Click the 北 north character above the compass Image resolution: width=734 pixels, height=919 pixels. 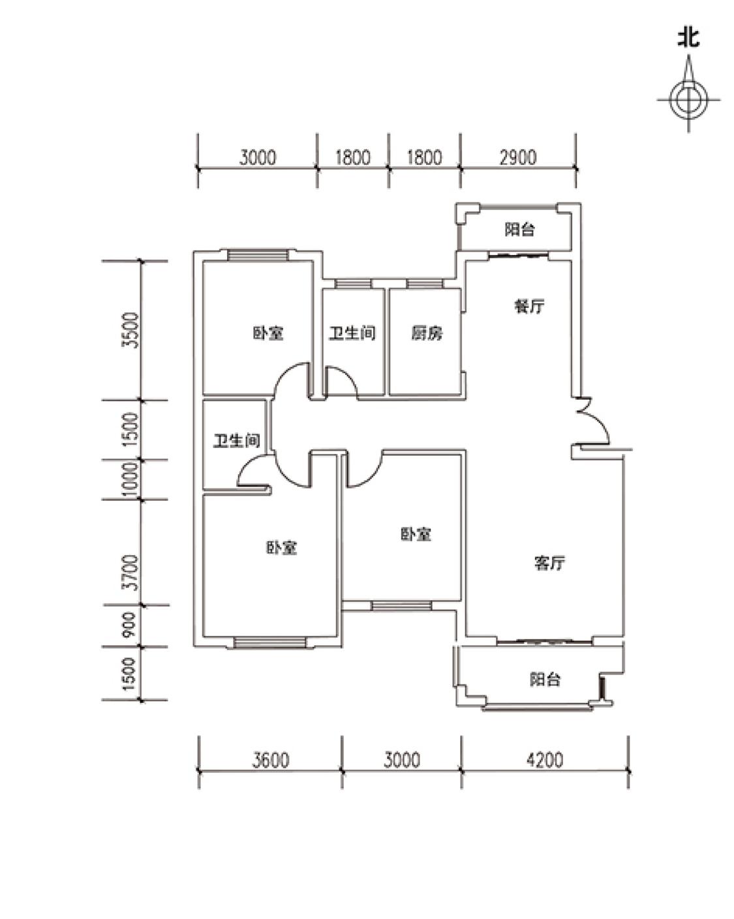pyautogui.click(x=688, y=38)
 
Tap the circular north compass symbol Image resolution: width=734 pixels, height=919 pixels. pyautogui.click(x=688, y=100)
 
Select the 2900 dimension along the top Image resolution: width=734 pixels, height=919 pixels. pyautogui.click(x=518, y=158)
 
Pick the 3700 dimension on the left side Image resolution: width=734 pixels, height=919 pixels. pyautogui.click(x=132, y=573)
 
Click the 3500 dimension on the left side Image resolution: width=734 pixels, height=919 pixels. pyautogui.click(x=132, y=331)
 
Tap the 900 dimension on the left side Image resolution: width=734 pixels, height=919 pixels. pyautogui.click(x=130, y=625)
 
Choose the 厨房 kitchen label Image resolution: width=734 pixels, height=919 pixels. pyautogui.click(x=427, y=333)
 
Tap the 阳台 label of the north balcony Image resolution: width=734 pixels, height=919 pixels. pyautogui.click(x=519, y=230)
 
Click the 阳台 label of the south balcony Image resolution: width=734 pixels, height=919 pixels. pyautogui.click(x=545, y=680)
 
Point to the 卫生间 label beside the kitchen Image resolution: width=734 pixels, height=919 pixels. pyautogui.click(x=352, y=333)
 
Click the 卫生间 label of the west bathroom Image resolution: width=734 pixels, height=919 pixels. pyautogui.click(x=237, y=441)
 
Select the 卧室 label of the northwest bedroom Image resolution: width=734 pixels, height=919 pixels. pyautogui.click(x=268, y=333)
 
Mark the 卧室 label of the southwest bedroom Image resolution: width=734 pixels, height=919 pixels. pyautogui.click(x=282, y=548)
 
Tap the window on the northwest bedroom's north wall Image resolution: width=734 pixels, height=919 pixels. pyautogui.click(x=258, y=256)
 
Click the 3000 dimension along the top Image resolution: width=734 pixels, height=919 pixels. pyautogui.click(x=258, y=158)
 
